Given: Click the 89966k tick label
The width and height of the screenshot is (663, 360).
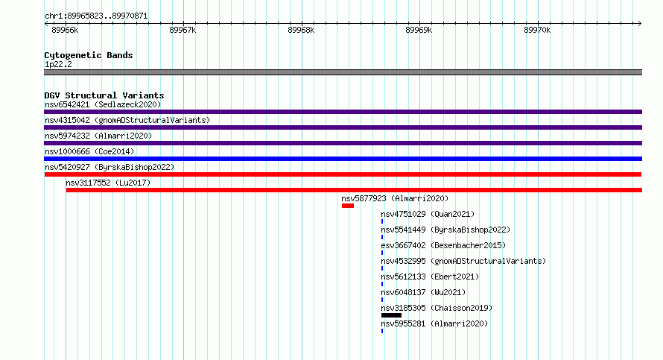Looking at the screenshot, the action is tap(65, 31).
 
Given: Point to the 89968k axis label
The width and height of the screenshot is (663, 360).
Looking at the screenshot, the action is tap(301, 31).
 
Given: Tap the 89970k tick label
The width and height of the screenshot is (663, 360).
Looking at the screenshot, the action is tap(537, 31).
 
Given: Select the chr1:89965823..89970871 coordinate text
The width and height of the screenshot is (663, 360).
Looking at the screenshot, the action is tap(96, 16).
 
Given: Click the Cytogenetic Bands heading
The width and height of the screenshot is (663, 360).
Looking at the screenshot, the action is tap(89, 55).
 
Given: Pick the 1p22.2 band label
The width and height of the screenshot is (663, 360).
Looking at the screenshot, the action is tap(58, 64).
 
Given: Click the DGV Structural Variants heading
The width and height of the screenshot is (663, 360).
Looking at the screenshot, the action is tap(104, 95).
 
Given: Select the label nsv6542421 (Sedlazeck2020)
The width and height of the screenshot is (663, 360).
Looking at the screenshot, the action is tap(103, 104).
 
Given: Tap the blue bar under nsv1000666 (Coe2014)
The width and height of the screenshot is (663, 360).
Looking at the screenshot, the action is tap(343, 159).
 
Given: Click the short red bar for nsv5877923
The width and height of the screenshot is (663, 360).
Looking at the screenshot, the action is tap(348, 206).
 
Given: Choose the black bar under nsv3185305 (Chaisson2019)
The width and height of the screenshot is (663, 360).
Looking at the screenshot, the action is tap(391, 315).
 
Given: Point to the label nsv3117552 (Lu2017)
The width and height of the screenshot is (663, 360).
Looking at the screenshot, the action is tap(108, 183).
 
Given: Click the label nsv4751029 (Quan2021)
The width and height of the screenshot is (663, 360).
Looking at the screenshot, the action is tap(428, 214).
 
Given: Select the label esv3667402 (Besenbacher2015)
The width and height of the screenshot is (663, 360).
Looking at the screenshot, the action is tap(443, 245).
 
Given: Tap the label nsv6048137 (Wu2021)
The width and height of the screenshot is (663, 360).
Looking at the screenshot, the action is tap(423, 292).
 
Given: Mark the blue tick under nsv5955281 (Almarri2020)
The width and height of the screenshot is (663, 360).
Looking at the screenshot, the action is tap(382, 331).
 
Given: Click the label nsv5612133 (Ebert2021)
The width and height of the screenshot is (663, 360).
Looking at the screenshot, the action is tap(430, 277).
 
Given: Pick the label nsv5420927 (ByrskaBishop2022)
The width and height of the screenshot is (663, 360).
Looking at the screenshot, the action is tap(110, 167).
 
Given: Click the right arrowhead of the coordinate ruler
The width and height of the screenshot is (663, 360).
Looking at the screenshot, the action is tap(640, 23).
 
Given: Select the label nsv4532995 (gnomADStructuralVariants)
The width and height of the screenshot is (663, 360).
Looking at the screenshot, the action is tap(463, 261).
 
